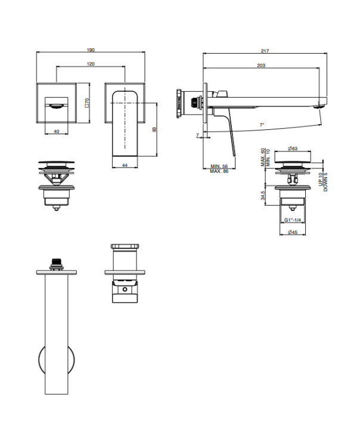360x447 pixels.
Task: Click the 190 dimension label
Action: pos(91,50)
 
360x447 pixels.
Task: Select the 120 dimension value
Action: pos(91,64)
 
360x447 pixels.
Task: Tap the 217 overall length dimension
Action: pos(265,51)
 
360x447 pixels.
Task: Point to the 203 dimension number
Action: pos(261,66)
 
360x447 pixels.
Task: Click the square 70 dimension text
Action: pos(87,103)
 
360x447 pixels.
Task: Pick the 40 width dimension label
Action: pos(57,132)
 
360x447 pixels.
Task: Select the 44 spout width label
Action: pos(125,165)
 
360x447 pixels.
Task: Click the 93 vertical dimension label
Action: pos(154,129)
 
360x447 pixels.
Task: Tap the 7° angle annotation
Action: pos(262,125)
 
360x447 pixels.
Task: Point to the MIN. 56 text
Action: pos(219,166)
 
